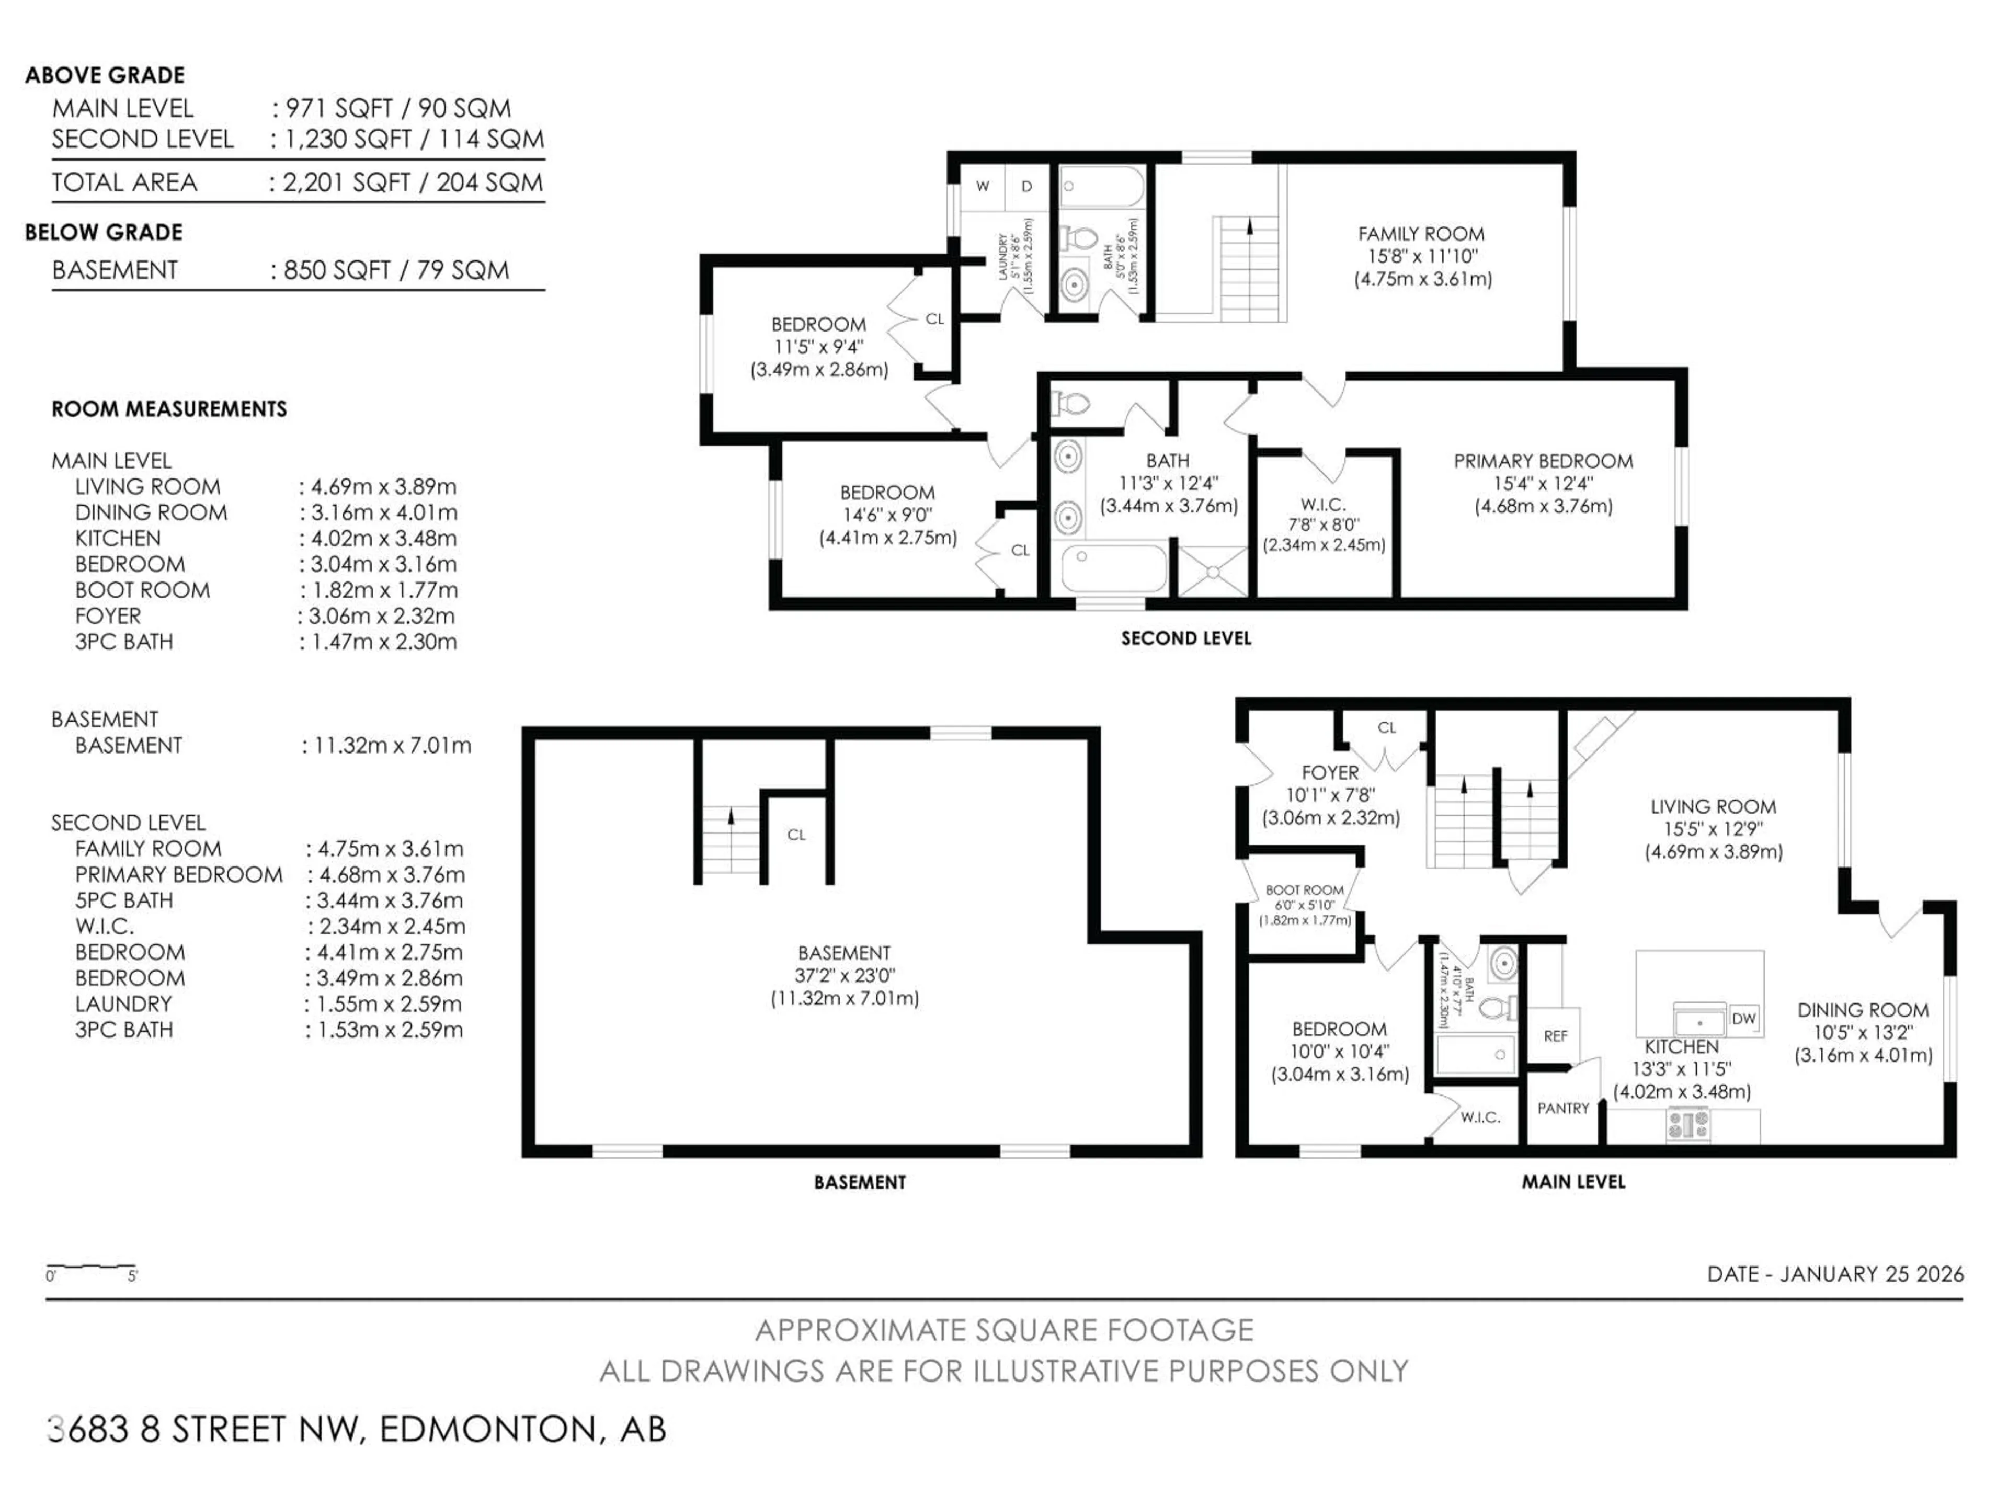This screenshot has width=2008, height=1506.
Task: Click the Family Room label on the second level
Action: tap(1421, 234)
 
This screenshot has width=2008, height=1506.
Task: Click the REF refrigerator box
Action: tap(1555, 1036)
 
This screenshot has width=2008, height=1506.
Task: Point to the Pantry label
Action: tap(1562, 1109)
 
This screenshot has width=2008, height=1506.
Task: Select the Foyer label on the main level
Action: tap(1330, 772)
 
